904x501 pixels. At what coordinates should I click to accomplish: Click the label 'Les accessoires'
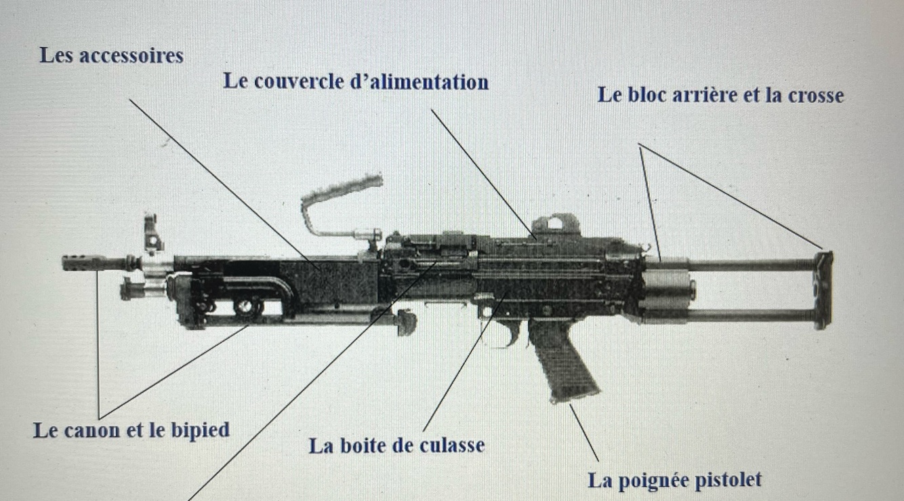111,55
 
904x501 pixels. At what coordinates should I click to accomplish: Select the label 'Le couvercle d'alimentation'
356,82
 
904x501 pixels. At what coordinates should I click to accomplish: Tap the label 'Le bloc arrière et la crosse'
720,95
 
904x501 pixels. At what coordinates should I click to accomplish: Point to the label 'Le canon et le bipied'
131,430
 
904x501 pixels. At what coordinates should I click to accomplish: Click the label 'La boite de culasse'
396,445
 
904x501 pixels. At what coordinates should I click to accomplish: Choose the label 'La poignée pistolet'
674,480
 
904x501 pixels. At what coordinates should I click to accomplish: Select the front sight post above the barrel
152,234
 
